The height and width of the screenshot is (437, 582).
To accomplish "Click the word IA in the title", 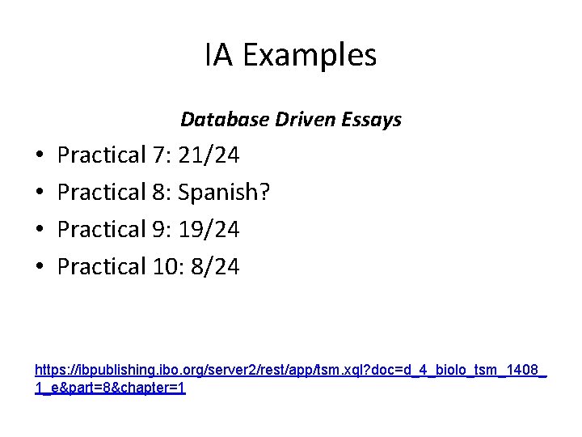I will click(219, 56).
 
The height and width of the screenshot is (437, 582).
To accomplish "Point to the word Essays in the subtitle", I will click(372, 120).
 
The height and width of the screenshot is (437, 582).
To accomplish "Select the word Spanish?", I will click(225, 193).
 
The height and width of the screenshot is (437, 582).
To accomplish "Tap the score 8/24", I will click(215, 267).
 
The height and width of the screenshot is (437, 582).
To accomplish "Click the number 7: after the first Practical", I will click(160, 155).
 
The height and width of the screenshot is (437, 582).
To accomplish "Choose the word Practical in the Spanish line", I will click(101, 193).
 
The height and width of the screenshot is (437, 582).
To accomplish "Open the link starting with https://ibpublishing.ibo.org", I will click(290, 370).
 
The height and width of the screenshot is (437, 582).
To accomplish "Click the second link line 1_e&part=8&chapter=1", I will click(111, 388).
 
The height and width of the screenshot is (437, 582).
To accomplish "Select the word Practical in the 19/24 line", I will click(101, 230).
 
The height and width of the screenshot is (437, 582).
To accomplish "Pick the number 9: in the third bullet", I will click(160, 230).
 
